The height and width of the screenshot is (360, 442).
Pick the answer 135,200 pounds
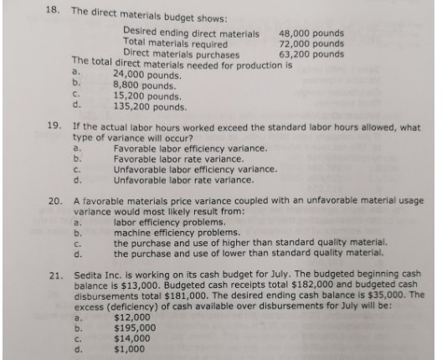tap(146, 106)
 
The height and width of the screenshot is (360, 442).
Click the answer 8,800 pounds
tap(142, 85)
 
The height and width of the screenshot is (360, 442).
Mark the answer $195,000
tap(134, 329)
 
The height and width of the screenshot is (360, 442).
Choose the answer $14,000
tap(131, 339)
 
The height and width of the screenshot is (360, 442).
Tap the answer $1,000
tap(129, 349)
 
